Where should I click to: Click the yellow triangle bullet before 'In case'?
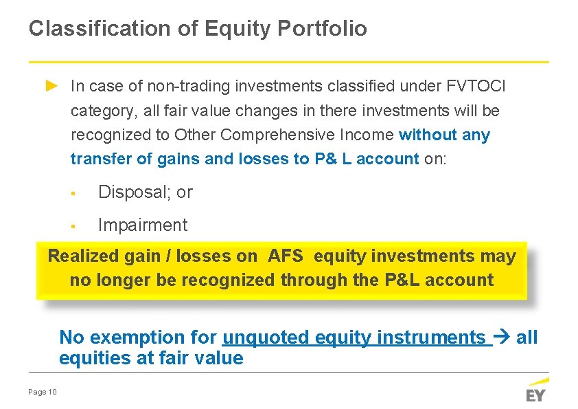[x=51, y=86]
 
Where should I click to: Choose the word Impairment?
[x=143, y=225]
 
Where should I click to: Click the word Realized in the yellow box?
[x=84, y=256]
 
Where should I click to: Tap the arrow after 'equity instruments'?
[x=502, y=338]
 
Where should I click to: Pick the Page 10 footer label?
[x=43, y=392]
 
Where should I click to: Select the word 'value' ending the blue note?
[x=218, y=358]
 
